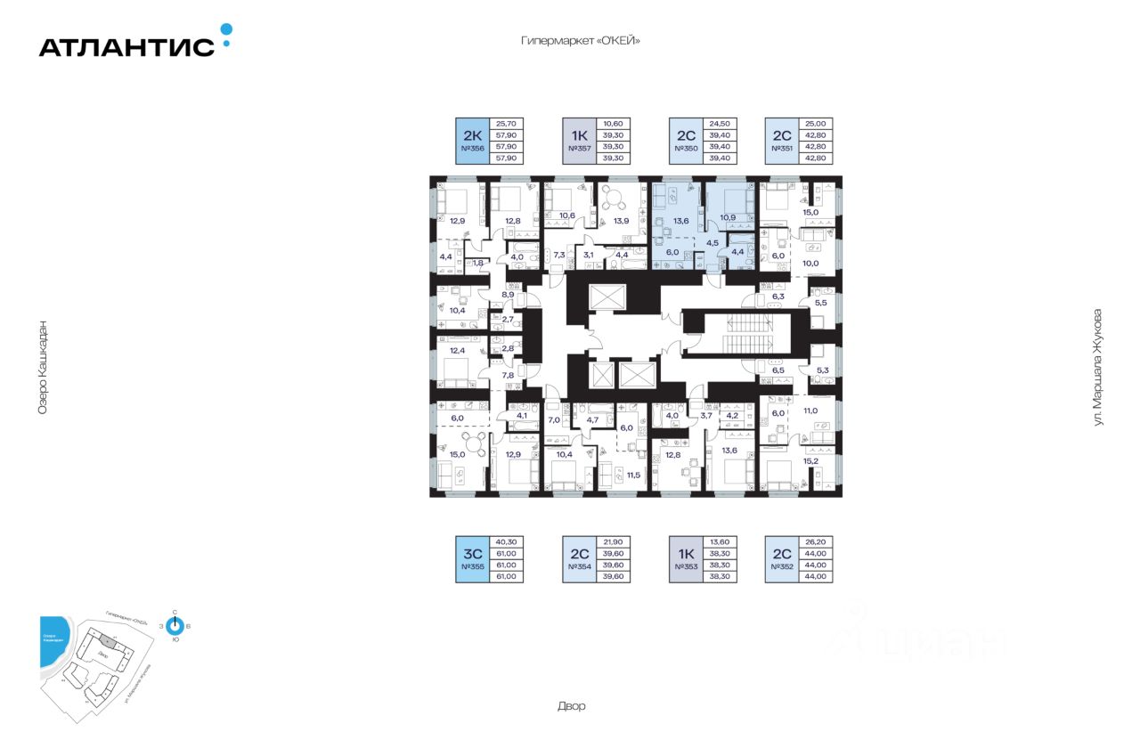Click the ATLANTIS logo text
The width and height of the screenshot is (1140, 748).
(x=126, y=47)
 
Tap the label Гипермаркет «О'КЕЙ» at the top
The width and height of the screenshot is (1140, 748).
(x=581, y=41)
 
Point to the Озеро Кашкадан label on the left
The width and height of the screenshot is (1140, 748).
(x=42, y=366)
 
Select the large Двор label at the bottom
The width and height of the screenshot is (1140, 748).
(x=573, y=706)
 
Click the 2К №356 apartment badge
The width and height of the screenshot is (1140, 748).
(x=472, y=141)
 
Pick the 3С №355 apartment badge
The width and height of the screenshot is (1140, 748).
(x=472, y=559)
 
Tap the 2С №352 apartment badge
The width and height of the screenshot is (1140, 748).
(x=782, y=559)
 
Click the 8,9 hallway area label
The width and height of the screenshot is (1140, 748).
(x=508, y=294)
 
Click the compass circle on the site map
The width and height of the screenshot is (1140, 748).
(x=175, y=626)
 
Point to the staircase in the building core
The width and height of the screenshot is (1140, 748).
(x=738, y=337)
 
